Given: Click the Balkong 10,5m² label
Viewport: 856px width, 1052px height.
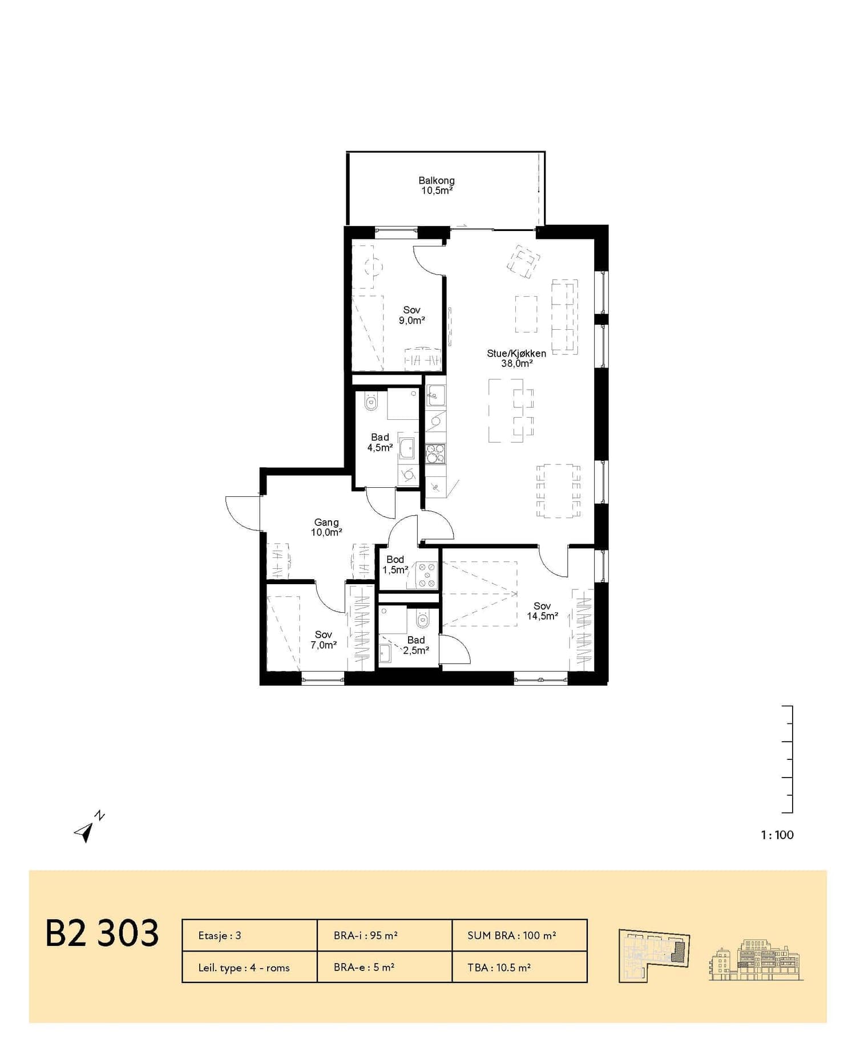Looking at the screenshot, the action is coord(437,186).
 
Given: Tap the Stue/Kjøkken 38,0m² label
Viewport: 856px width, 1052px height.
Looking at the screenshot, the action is coord(516,358).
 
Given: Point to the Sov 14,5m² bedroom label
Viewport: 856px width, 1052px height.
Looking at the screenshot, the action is coord(542,611).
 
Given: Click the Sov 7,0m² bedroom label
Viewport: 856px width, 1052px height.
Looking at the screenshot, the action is coord(323,640).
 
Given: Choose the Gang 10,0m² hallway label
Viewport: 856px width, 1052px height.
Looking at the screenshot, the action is coord(326,527).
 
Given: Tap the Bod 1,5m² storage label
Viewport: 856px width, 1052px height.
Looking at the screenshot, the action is coord(395,565).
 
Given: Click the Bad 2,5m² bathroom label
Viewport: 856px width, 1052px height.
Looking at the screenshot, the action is coord(416,645).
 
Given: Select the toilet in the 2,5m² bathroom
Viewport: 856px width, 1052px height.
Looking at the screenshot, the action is coord(423,618).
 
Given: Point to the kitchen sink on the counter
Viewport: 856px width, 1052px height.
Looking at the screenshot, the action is coord(435,394).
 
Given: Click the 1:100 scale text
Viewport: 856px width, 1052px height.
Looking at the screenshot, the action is coord(777,835).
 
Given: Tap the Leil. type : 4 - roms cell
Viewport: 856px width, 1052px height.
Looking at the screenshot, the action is coord(249,968).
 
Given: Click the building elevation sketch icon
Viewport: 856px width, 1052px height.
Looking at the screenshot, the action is coord(756,958).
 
